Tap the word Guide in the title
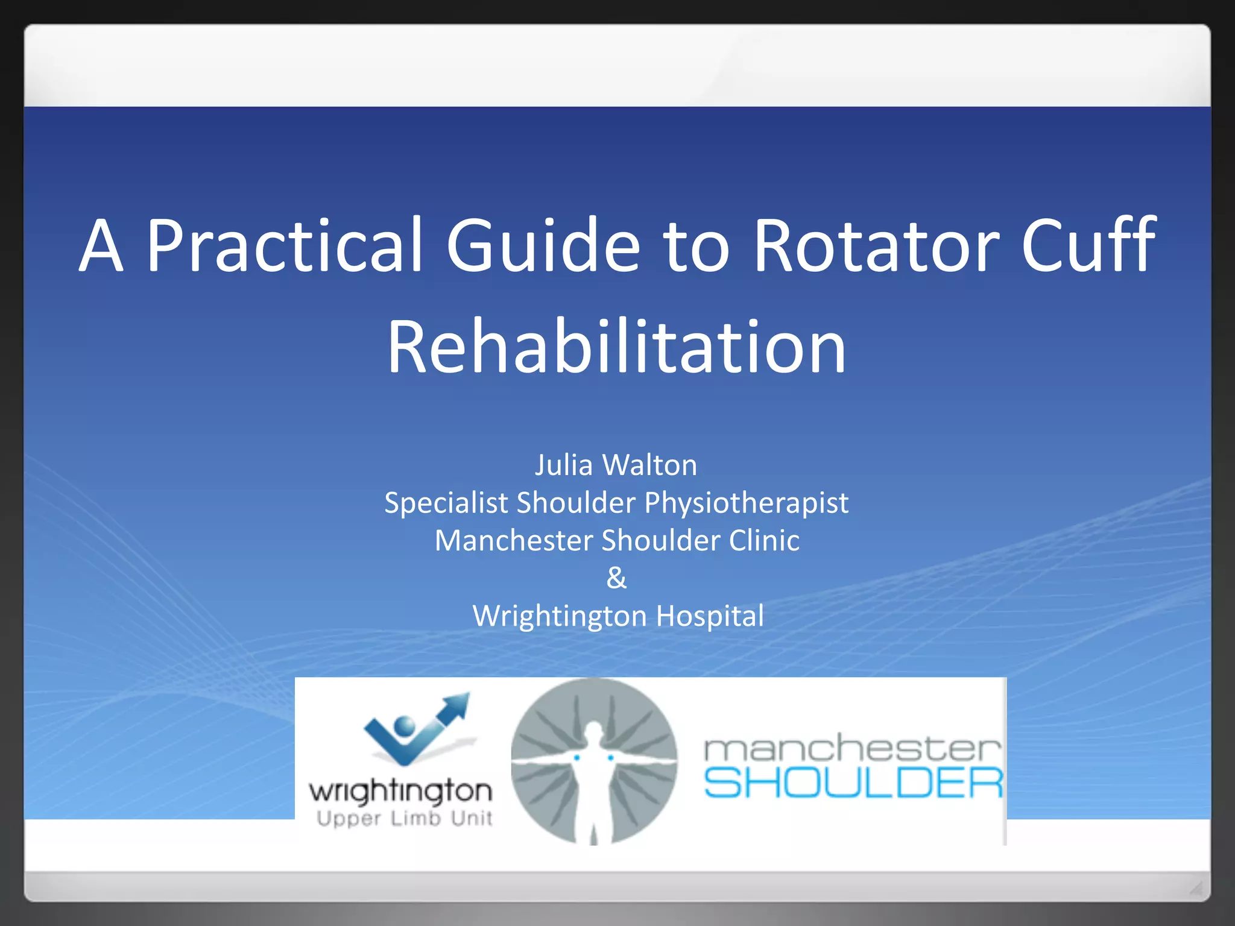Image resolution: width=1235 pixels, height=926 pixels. pyautogui.click(x=543, y=245)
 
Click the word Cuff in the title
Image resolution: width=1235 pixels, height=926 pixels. pyautogui.click(x=1088, y=245)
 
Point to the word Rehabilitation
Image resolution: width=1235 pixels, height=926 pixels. pyautogui.click(x=616, y=348)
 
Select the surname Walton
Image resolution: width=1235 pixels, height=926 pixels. pyautogui.click(x=649, y=465)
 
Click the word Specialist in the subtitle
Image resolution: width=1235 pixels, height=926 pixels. pyautogui.click(x=450, y=503)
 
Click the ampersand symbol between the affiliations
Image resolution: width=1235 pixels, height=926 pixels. pyautogui.click(x=616, y=578)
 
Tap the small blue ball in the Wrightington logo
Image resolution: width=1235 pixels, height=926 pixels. pyautogui.click(x=404, y=725)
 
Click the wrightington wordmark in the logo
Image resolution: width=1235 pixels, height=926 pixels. pyautogui.click(x=400, y=791)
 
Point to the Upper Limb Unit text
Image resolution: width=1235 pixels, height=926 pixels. pyautogui.click(x=404, y=819)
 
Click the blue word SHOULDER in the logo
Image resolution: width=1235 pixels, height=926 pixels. pyautogui.click(x=853, y=783)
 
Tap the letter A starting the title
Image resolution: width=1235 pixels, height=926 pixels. pyautogui.click(x=101, y=245)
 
